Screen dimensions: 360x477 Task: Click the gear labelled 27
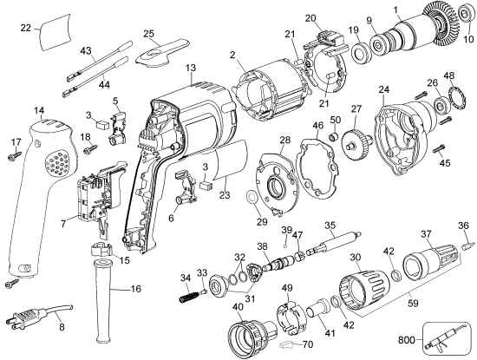point(356,141)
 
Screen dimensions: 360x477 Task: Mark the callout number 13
point(190,67)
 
